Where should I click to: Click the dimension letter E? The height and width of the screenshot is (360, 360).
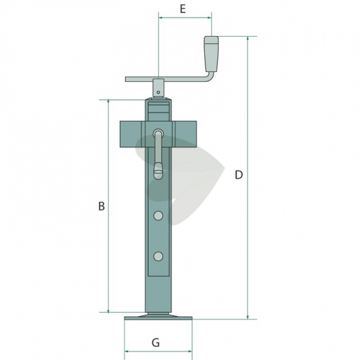(183, 9)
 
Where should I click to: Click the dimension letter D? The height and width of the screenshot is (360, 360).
(239, 175)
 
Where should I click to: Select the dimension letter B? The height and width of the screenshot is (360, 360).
(101, 206)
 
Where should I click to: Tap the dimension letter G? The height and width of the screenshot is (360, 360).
(156, 343)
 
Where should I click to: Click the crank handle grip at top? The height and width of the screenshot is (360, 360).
(211, 54)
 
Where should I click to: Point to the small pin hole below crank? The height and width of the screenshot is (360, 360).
(158, 92)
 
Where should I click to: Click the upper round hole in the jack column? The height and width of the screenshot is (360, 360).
(158, 216)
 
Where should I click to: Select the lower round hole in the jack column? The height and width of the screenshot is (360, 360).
(158, 256)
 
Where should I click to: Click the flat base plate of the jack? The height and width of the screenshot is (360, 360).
(158, 318)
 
